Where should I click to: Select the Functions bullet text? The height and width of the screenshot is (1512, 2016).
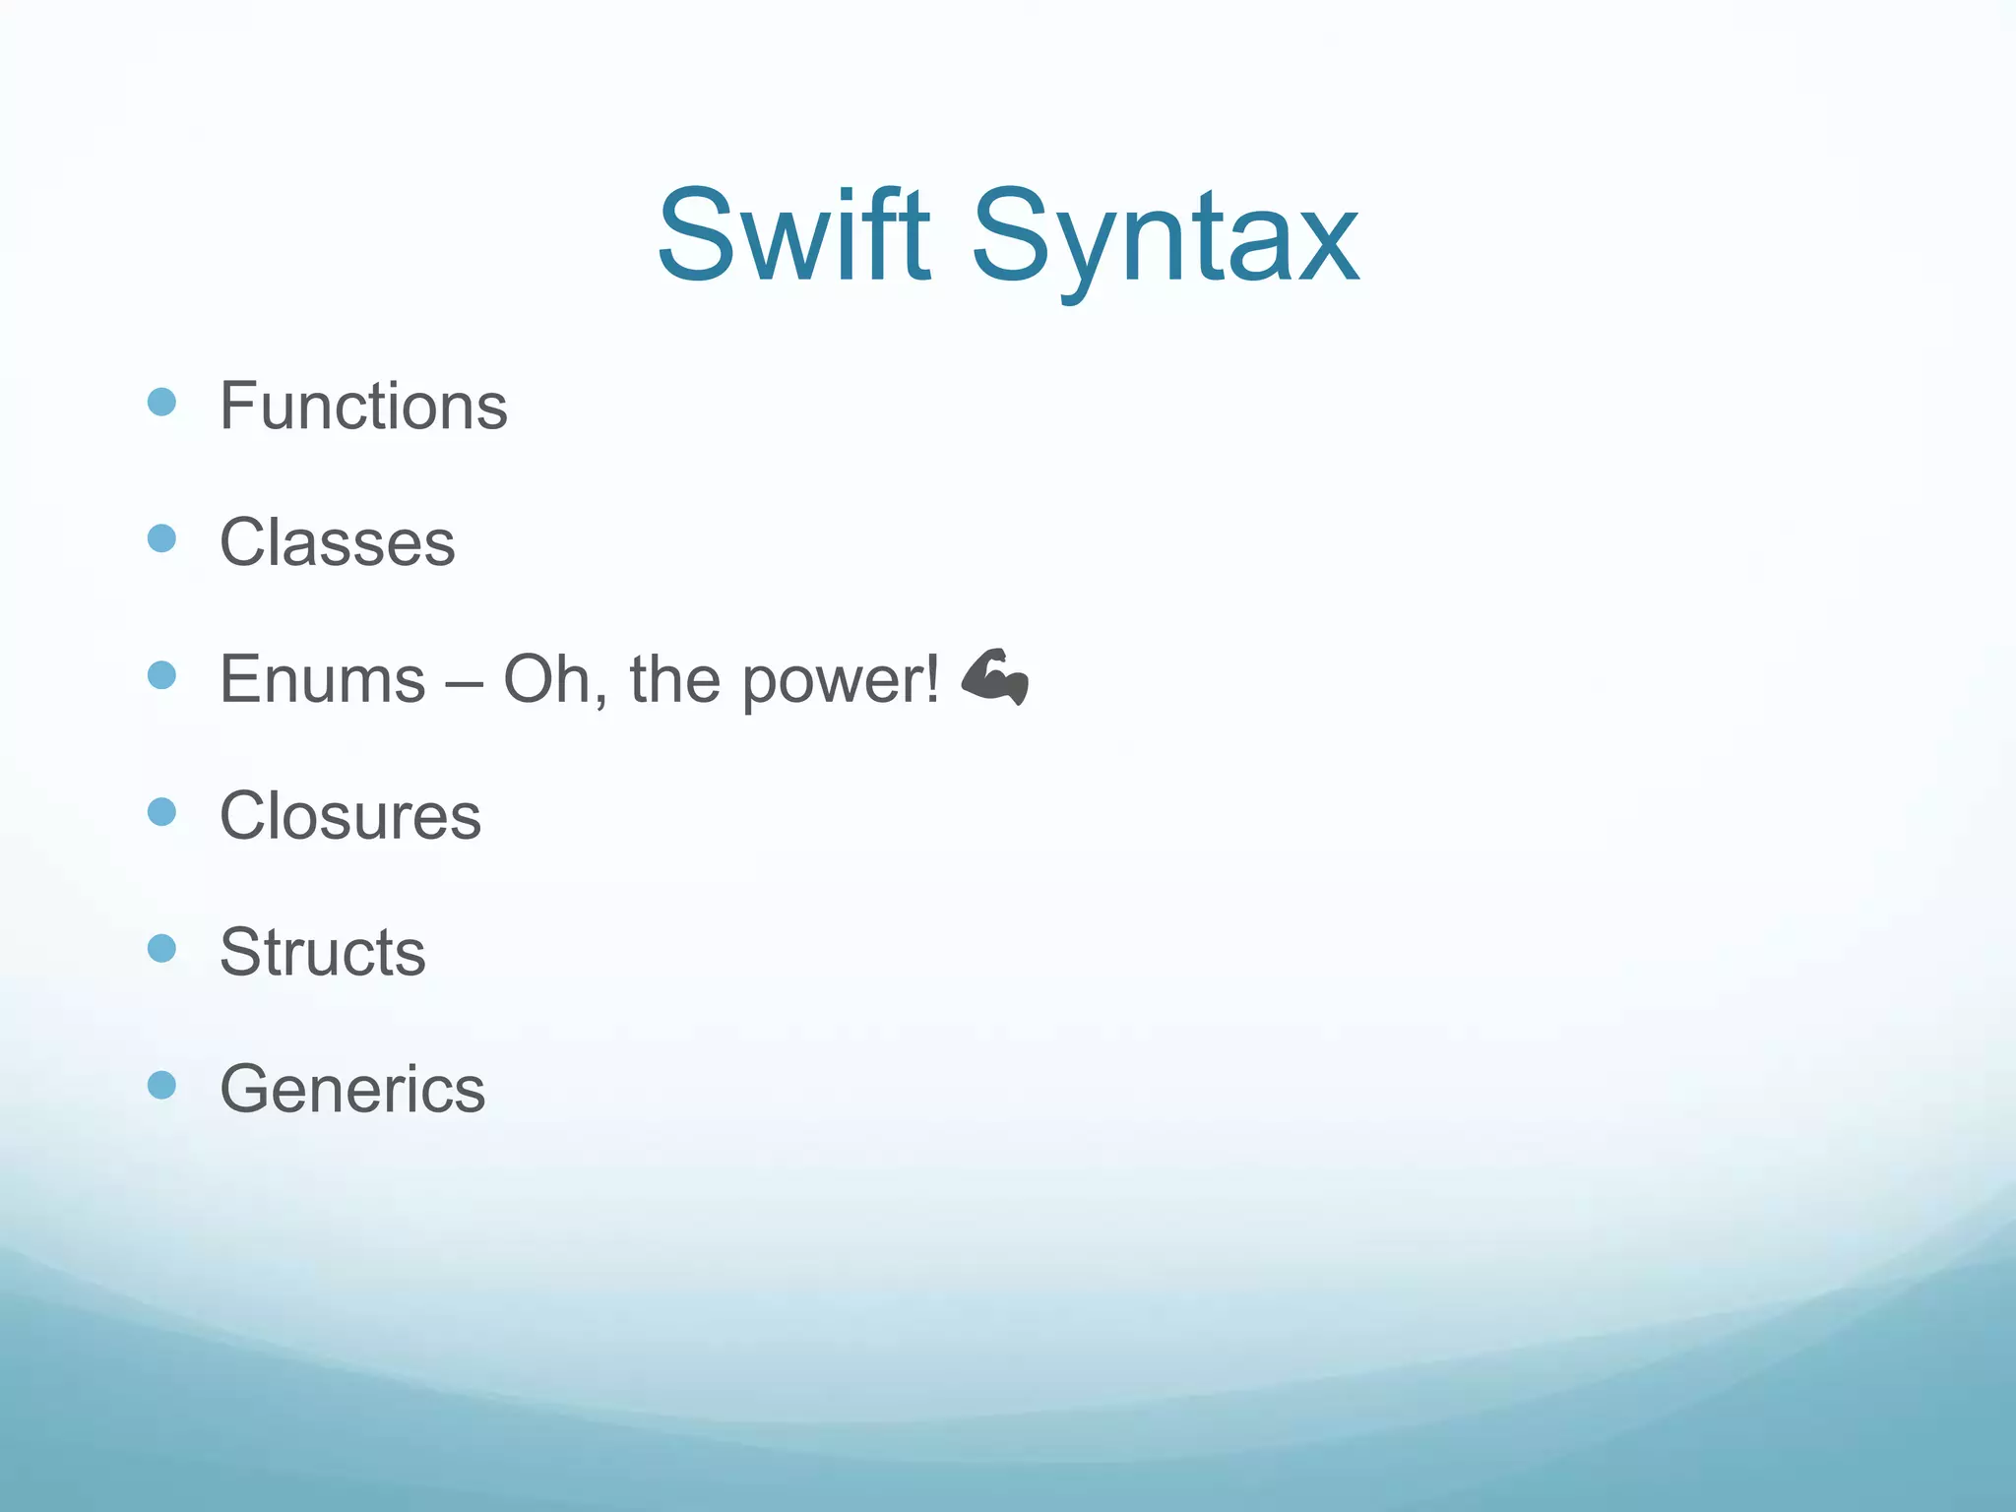click(x=363, y=406)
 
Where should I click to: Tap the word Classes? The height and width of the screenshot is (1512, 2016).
click(x=337, y=542)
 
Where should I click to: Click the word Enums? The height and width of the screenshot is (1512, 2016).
click(x=322, y=679)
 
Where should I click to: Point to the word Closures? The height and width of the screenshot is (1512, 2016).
click(x=349, y=816)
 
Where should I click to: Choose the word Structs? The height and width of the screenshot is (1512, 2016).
click(x=322, y=953)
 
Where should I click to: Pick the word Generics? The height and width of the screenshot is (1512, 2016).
click(x=352, y=1090)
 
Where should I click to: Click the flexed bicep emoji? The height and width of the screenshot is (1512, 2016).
click(x=994, y=677)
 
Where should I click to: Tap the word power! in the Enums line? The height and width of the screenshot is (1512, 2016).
click(x=841, y=682)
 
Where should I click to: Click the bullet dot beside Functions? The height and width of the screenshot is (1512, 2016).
click(x=161, y=402)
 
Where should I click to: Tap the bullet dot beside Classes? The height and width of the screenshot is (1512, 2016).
click(x=161, y=538)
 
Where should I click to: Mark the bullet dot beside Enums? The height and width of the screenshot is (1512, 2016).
click(x=161, y=675)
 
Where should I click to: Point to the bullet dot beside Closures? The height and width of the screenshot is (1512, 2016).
click(x=161, y=812)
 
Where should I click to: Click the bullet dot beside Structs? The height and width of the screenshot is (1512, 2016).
click(x=161, y=949)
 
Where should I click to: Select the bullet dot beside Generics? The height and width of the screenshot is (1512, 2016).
click(x=161, y=1086)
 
